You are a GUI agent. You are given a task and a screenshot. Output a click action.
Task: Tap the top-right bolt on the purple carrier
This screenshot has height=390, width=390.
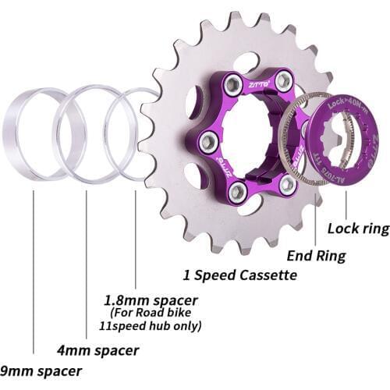pyautogui.click(x=283, y=80)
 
